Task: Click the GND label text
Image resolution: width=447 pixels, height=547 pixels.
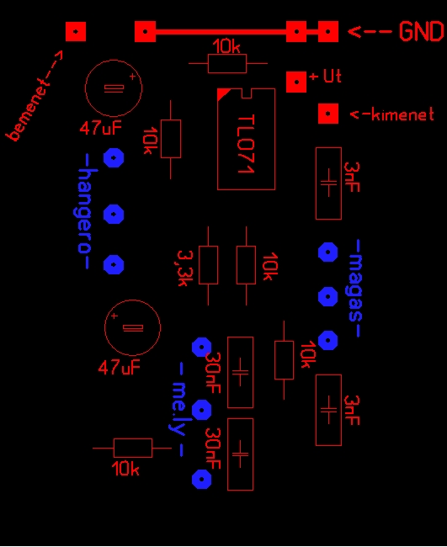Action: pos(422,31)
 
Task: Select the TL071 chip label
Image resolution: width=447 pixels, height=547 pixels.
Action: pos(246,144)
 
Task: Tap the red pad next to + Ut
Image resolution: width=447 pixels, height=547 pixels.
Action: pos(296,82)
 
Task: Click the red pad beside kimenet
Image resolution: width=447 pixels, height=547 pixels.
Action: pos(328,114)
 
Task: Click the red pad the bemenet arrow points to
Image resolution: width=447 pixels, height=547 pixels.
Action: pos(76,31)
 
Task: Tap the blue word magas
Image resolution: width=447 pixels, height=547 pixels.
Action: pos(356,288)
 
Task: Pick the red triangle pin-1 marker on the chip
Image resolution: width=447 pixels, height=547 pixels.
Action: pos(222,93)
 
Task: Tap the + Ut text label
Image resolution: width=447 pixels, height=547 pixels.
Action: pos(325,76)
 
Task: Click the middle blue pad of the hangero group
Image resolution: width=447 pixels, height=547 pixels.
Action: pos(114,214)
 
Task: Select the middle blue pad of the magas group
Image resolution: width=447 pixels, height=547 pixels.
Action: pos(328,296)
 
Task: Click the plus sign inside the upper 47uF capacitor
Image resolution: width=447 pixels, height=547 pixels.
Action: pos(132,77)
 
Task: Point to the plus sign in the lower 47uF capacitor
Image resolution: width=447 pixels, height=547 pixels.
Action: pos(114,316)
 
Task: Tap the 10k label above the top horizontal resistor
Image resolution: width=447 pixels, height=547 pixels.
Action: pos(226,46)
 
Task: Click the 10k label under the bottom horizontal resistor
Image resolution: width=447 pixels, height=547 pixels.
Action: pos(125,469)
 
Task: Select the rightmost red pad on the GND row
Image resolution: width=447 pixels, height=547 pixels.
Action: pos(328,31)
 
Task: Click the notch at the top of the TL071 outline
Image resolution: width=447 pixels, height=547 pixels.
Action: pos(247,93)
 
